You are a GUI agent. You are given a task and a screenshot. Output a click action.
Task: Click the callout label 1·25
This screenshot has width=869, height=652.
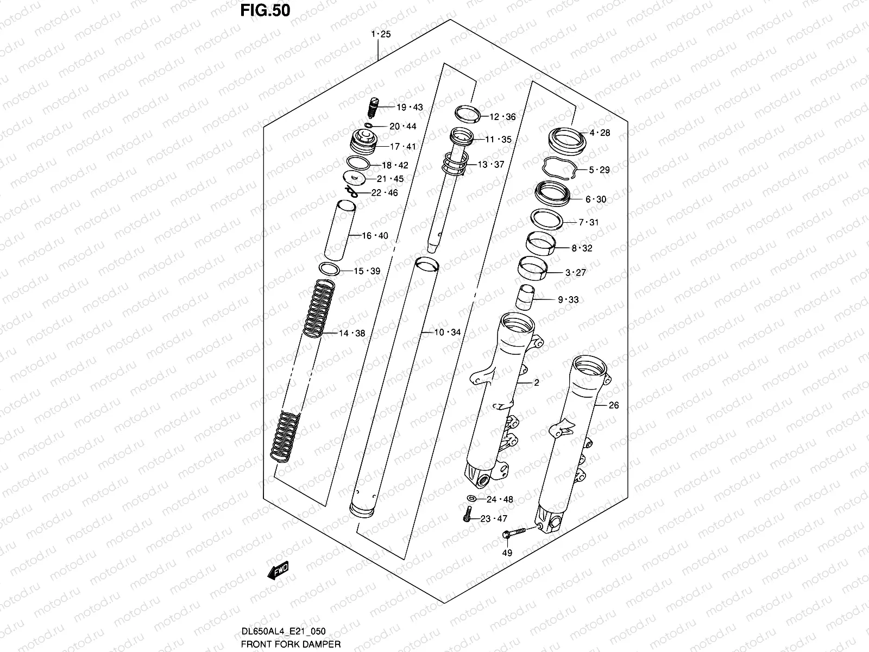click(381, 34)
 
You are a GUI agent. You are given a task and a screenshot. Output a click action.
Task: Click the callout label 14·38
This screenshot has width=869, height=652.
click(352, 334)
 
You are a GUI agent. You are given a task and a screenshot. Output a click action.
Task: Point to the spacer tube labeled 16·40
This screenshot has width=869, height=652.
click(340, 230)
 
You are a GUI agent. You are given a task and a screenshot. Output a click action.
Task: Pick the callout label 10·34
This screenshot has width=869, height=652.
click(447, 332)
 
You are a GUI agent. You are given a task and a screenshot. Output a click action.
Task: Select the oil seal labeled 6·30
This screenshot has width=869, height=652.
click(552, 194)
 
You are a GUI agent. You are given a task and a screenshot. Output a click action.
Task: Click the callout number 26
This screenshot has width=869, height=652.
click(613, 405)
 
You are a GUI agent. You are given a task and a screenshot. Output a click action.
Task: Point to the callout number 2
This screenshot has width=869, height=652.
click(536, 383)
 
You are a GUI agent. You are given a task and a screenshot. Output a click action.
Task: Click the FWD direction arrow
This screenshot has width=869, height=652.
click(278, 571)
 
